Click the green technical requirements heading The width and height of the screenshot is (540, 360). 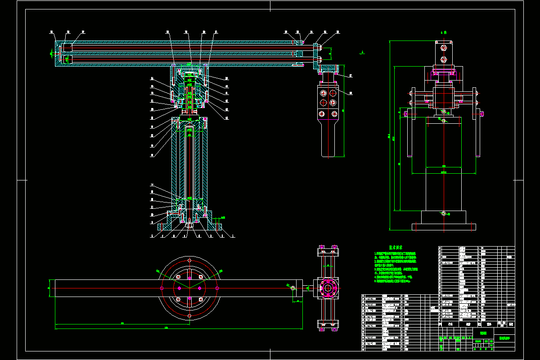(x=396, y=247)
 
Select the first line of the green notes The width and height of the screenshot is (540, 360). (x=395, y=254)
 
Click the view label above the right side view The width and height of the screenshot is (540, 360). (x=443, y=32)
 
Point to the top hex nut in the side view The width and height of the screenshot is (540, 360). (x=444, y=47)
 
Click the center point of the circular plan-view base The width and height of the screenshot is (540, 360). (x=189, y=288)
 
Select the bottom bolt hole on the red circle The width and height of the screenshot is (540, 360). (x=189, y=316)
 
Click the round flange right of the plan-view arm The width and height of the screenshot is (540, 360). (x=328, y=288)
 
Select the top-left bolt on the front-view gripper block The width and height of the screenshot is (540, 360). (x=322, y=93)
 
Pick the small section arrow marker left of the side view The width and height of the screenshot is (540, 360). (x=362, y=53)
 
